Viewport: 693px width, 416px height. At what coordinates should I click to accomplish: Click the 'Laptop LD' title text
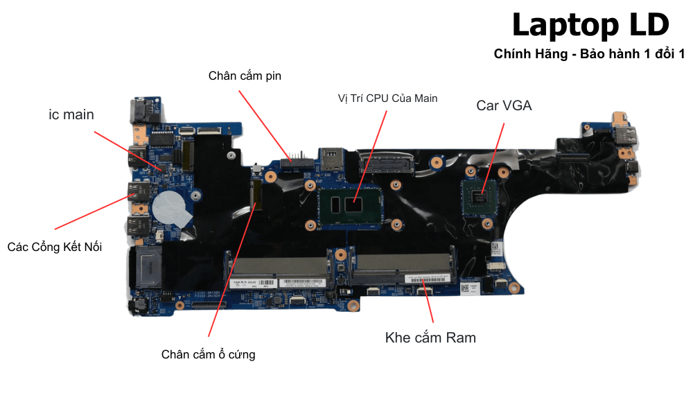pyautogui.click(x=590, y=26)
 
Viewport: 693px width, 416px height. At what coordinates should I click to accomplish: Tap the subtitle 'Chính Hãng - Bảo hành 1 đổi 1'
pyautogui.click(x=589, y=54)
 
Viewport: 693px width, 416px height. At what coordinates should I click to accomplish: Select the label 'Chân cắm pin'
pyautogui.click(x=245, y=76)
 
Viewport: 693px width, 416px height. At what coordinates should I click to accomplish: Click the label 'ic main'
pyautogui.click(x=71, y=114)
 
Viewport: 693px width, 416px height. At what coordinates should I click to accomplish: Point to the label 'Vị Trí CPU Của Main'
pyautogui.click(x=387, y=98)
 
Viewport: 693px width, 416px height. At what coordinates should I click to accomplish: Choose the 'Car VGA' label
pyautogui.click(x=504, y=105)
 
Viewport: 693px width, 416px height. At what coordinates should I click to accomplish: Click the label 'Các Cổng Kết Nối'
pyautogui.click(x=55, y=246)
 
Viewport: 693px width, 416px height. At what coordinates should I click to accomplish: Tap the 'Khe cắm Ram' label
pyautogui.click(x=430, y=338)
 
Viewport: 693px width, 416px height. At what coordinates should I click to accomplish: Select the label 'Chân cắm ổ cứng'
pyautogui.click(x=208, y=354)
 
